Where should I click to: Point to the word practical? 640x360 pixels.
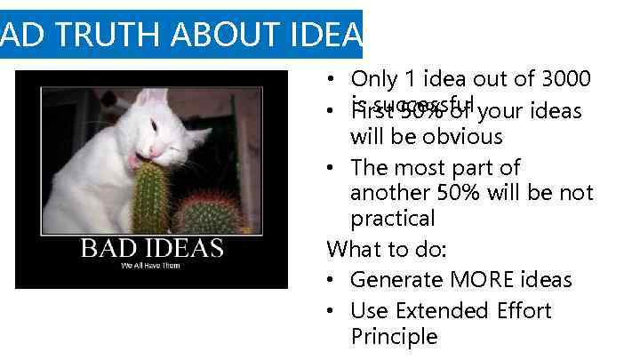pyautogui.click(x=393, y=219)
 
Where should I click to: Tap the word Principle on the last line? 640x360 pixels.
pyautogui.click(x=394, y=337)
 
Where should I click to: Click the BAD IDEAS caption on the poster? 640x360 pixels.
pyautogui.click(x=152, y=246)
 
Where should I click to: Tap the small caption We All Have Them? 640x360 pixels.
pyautogui.click(x=151, y=265)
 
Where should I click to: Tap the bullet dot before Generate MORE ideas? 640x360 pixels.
pyautogui.click(x=331, y=281)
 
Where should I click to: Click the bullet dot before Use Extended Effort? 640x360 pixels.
pyautogui.click(x=331, y=312)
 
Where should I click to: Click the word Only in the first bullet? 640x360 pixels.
pyautogui.click(x=374, y=79)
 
